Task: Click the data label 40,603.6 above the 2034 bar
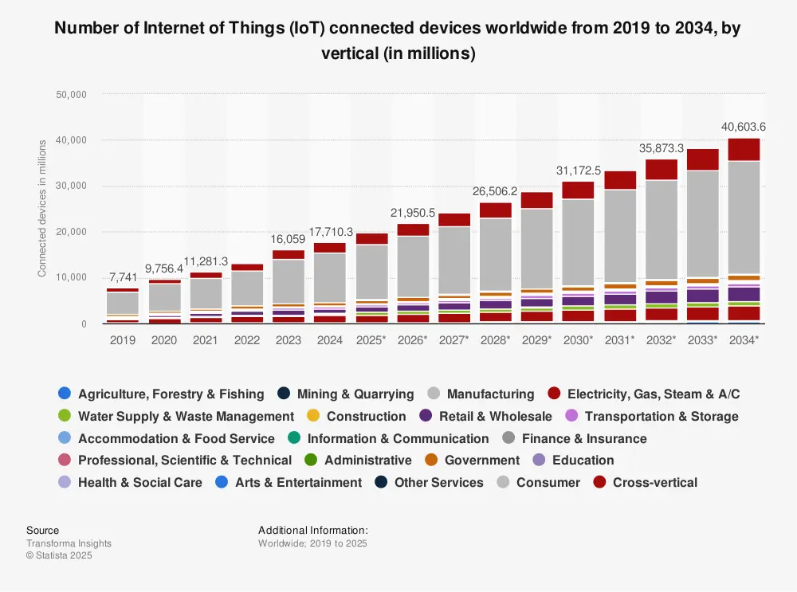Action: [x=744, y=127]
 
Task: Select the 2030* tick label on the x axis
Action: [x=579, y=339]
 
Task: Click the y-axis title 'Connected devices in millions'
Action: [x=42, y=208]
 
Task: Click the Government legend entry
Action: [x=481, y=461]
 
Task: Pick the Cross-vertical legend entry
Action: [x=654, y=483]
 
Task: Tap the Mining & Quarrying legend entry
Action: [x=355, y=394]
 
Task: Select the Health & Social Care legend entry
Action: [x=139, y=483]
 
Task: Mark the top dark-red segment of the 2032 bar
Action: [x=661, y=170]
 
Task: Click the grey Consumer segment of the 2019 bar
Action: [x=123, y=303]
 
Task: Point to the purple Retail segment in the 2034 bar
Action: [x=744, y=294]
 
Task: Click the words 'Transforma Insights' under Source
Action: [x=69, y=543]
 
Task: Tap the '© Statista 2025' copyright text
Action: [x=59, y=555]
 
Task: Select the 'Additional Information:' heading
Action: [x=313, y=531]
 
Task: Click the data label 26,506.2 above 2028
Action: [x=496, y=191]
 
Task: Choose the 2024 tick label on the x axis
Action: [x=330, y=339]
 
